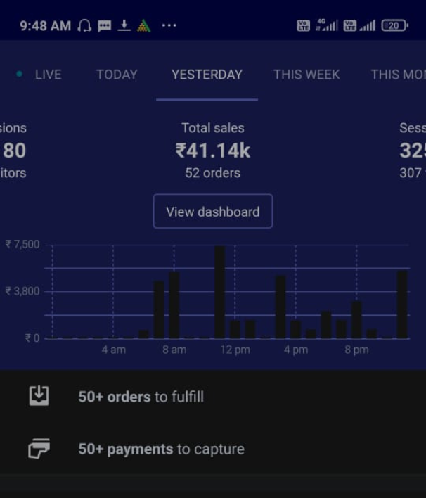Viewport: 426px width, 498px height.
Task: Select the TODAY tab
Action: [x=117, y=75]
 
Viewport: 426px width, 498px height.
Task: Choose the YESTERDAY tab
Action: [x=207, y=75]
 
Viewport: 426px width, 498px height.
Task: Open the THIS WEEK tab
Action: [x=306, y=75]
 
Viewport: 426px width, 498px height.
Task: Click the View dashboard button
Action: [x=212, y=212]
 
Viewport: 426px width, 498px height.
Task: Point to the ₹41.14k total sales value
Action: [x=212, y=151]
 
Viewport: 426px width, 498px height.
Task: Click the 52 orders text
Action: [x=212, y=173]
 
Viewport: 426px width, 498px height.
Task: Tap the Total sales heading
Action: [x=212, y=128]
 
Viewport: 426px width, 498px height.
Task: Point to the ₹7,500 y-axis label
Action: [x=22, y=245]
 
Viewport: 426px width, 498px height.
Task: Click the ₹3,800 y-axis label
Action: [x=22, y=291]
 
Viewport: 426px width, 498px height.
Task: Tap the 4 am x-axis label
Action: [x=113, y=350]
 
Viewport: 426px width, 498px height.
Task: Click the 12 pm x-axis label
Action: [x=235, y=350]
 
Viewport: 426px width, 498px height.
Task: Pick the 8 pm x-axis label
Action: [x=356, y=350]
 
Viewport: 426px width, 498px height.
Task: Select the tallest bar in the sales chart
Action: [x=220, y=292]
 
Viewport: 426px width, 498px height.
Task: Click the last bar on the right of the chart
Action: [x=402, y=305]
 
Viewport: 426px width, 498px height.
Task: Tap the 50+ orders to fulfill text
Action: [x=141, y=397]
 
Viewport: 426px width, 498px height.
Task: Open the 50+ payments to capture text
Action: [x=161, y=449]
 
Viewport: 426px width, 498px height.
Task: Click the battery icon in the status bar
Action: [x=394, y=26]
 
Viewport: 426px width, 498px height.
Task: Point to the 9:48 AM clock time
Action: [x=45, y=26]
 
